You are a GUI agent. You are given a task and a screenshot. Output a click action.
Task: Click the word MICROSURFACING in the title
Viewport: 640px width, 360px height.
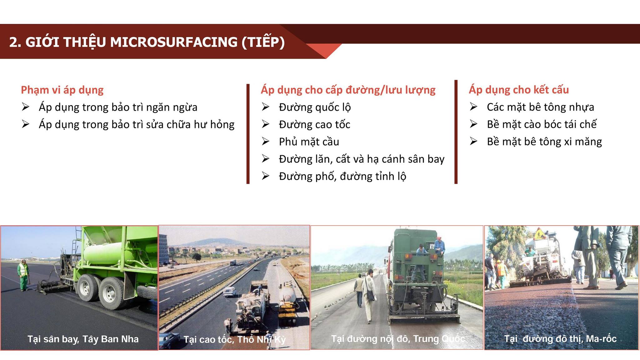pyautogui.click(x=174, y=42)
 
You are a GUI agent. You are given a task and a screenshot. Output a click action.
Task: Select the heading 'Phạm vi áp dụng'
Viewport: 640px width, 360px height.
pyautogui.click(x=62, y=90)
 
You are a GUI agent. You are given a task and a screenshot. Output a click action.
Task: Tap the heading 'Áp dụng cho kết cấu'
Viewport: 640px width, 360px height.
pyautogui.click(x=519, y=90)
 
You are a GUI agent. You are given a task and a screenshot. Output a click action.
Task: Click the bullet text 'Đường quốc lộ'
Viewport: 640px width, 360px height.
pyautogui.click(x=315, y=107)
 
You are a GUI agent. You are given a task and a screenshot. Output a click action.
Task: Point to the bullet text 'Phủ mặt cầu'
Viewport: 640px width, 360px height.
pyautogui.click(x=309, y=142)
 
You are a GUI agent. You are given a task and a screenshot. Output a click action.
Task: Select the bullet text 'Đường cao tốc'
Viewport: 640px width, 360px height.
pyautogui.click(x=314, y=124)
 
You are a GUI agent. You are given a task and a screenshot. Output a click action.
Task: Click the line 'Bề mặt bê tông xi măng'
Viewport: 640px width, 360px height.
pyautogui.click(x=544, y=142)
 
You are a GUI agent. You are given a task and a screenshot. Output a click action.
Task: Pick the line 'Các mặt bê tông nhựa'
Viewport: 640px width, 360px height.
pyautogui.click(x=540, y=107)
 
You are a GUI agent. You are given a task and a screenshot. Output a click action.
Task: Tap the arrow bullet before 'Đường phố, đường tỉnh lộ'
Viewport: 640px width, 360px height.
pyautogui.click(x=266, y=176)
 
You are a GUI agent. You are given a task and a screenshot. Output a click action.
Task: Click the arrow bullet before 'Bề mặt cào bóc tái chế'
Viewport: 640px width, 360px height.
pyautogui.click(x=473, y=124)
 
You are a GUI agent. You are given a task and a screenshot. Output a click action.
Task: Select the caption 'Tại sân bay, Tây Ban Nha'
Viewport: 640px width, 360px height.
pyautogui.click(x=83, y=339)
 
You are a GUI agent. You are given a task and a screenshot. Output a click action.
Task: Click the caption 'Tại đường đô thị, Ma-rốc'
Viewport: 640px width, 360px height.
pyautogui.click(x=560, y=339)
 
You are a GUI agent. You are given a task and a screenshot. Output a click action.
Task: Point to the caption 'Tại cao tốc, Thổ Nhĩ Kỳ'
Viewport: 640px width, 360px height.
pyautogui.click(x=234, y=339)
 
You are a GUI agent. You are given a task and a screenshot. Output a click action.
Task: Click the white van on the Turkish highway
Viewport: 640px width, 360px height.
pyautogui.click(x=229, y=292)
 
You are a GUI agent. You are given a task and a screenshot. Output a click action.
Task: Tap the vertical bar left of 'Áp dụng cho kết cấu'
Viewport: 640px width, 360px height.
pyautogui.click(x=456, y=132)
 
